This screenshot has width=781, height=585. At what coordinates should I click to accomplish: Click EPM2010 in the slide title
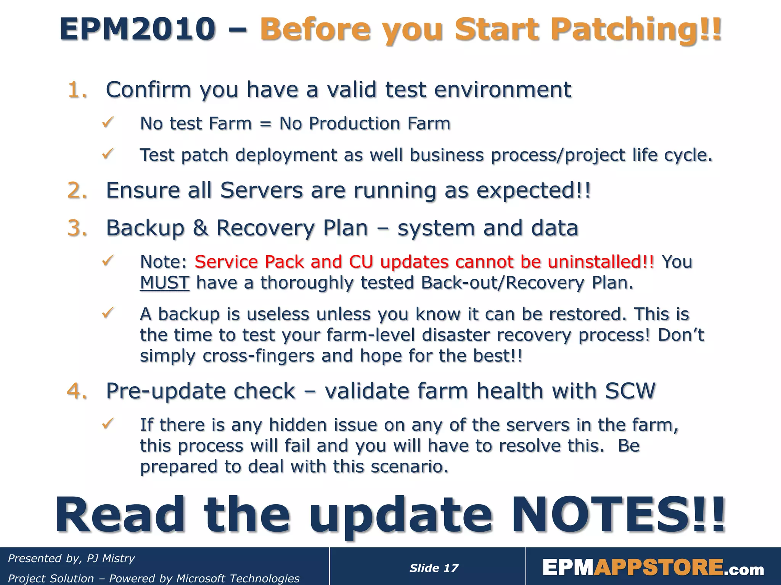(137, 30)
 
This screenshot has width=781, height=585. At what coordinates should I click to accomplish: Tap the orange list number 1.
(77, 90)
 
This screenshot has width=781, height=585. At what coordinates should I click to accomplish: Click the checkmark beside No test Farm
(108, 123)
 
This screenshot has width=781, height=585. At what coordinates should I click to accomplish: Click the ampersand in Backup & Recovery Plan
(201, 228)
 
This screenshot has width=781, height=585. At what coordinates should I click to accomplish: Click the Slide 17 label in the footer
(434, 568)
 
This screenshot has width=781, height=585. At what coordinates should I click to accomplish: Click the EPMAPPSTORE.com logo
(653, 567)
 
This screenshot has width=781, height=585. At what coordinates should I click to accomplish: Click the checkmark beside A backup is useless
(108, 313)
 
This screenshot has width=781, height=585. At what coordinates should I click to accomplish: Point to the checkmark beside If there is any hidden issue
(108, 424)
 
